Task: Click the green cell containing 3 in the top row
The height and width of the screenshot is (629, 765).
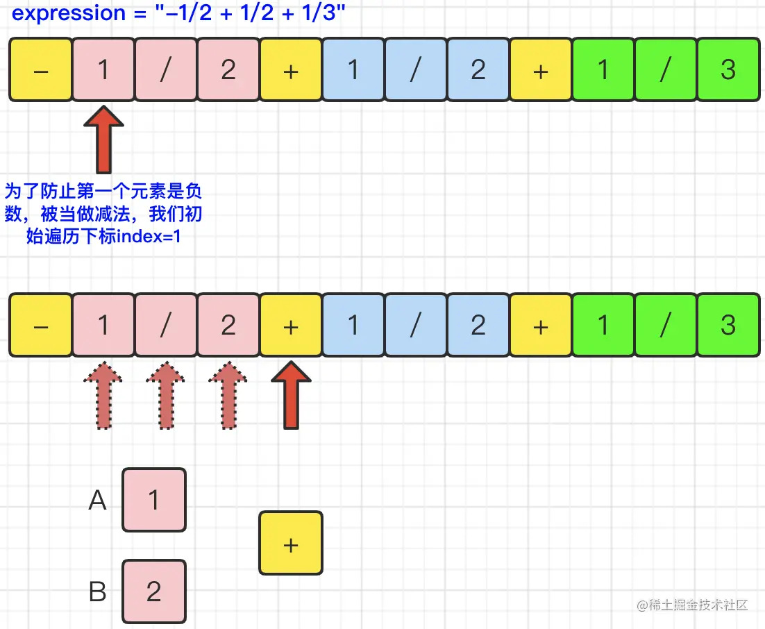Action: pos(728,69)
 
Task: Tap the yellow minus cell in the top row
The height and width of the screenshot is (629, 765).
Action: pos(41,69)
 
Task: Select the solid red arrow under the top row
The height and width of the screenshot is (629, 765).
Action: pos(103,140)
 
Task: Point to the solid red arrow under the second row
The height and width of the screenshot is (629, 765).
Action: pos(291,395)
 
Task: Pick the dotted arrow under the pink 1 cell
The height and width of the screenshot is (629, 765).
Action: pos(103,395)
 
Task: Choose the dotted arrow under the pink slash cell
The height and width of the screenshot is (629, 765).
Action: pos(166,395)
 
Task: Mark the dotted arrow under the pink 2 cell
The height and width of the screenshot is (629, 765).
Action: pos(228,395)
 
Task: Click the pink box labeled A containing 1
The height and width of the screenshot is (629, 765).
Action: pos(154,501)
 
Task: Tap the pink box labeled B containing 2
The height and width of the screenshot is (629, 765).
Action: pos(154,591)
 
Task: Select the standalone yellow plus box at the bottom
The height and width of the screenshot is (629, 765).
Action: pos(291,544)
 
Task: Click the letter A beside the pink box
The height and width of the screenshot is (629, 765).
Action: pos(98,501)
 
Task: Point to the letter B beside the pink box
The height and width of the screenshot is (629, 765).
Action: pos(98,592)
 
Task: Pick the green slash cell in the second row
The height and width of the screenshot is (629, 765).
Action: pos(665,326)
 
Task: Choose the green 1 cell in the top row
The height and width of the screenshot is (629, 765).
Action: pos(603,69)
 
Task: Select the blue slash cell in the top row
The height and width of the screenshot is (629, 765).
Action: pos(415,69)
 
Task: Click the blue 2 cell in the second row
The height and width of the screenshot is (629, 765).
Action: pos(478,326)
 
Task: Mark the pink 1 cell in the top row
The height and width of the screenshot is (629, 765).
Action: pos(103,69)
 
